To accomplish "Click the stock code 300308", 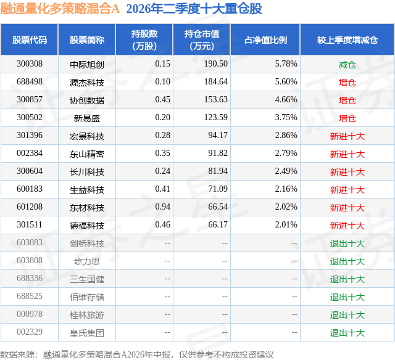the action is tap(30, 64).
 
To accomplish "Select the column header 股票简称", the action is tap(87, 39).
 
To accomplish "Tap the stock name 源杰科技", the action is tap(87, 82).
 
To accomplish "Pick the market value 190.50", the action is tap(216, 64).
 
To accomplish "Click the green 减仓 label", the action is tap(347, 65).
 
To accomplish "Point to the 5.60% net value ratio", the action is tap(286, 82).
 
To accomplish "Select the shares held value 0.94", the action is tap(163, 207).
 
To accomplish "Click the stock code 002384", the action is tap(30, 153).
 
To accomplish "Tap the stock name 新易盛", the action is tap(87, 118).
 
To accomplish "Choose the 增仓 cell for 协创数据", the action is tap(347, 100).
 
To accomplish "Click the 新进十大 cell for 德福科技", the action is tap(347, 226).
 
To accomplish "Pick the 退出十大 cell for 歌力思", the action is tap(347, 261).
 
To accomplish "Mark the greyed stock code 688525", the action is tap(30, 296).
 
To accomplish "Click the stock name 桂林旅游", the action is tap(87, 315).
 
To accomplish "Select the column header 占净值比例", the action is tap(265, 39).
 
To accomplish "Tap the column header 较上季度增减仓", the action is tap(347, 39).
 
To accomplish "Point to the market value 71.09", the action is tap(218, 189).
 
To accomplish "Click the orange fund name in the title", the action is tap(60, 9).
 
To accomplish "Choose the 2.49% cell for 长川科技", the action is tap(286, 171).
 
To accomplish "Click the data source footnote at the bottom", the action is tap(137, 354).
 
